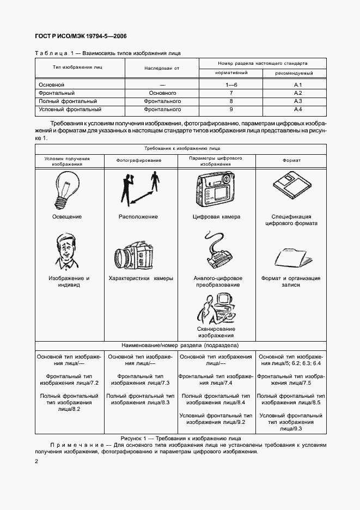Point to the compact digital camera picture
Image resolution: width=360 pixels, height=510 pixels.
[215, 189]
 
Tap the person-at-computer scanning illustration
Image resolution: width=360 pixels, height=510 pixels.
[215, 308]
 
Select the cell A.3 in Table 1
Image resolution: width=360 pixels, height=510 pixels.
[298, 101]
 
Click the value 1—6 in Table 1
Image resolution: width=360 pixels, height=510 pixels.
[231, 85]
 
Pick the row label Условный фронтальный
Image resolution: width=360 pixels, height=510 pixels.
[70, 110]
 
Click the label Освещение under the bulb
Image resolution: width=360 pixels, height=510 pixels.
[66, 217]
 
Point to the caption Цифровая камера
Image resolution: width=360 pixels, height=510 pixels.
[216, 217]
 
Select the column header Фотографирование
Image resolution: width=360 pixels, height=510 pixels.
[138, 160]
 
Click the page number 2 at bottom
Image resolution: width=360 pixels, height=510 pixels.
[36, 462]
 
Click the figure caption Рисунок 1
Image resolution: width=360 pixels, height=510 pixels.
[180, 438]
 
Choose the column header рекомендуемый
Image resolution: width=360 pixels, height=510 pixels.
[294, 73]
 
